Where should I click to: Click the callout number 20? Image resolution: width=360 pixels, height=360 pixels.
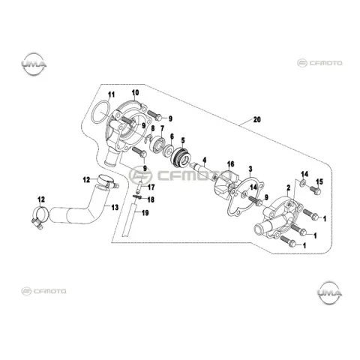click(x=256, y=119)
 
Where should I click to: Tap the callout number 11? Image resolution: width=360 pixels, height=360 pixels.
click(x=111, y=94)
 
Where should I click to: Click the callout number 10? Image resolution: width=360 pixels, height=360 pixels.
click(x=135, y=93)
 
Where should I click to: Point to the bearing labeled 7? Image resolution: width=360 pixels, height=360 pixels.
click(x=157, y=145)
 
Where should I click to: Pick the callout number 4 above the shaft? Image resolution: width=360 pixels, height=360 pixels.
click(x=205, y=159)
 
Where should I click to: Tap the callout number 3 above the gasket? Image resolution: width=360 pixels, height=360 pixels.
click(x=250, y=169)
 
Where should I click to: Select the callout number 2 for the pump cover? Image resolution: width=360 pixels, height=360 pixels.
click(x=289, y=187)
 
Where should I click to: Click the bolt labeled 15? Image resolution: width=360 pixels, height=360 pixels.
click(x=315, y=190)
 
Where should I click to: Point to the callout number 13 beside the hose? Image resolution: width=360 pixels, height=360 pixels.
click(x=115, y=207)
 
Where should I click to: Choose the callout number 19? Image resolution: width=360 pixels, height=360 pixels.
click(x=145, y=213)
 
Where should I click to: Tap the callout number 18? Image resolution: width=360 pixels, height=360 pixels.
click(x=151, y=199)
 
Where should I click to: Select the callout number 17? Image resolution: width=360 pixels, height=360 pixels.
click(x=151, y=187)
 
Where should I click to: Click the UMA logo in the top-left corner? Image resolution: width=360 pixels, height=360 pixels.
click(x=34, y=64)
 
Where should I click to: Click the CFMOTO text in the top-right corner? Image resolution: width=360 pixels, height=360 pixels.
click(x=325, y=63)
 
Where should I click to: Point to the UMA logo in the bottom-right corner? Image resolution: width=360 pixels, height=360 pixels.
click(x=330, y=292)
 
